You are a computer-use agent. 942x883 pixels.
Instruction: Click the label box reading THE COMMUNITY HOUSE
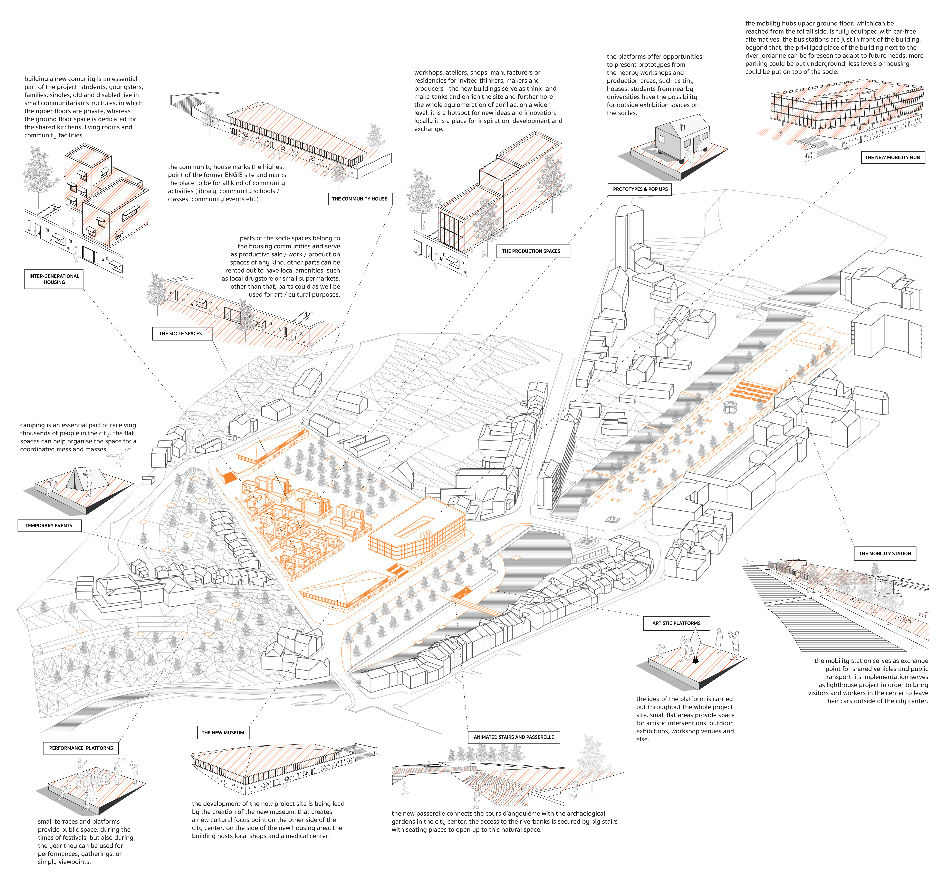(360, 199)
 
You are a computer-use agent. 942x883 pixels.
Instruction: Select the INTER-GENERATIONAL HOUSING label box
(54, 279)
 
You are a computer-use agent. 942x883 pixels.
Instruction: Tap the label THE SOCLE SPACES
(181, 333)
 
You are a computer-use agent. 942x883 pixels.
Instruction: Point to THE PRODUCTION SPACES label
(531, 251)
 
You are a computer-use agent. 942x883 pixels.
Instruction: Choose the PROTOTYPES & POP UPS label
(640, 189)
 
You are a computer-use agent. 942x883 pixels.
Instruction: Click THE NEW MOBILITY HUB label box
(892, 157)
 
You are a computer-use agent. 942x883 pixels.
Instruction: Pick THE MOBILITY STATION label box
(885, 553)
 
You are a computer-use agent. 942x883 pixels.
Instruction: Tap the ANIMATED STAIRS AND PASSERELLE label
(514, 737)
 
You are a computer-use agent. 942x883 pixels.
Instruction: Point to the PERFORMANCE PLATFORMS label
(81, 748)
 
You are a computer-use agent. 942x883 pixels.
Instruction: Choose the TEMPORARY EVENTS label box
(49, 525)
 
